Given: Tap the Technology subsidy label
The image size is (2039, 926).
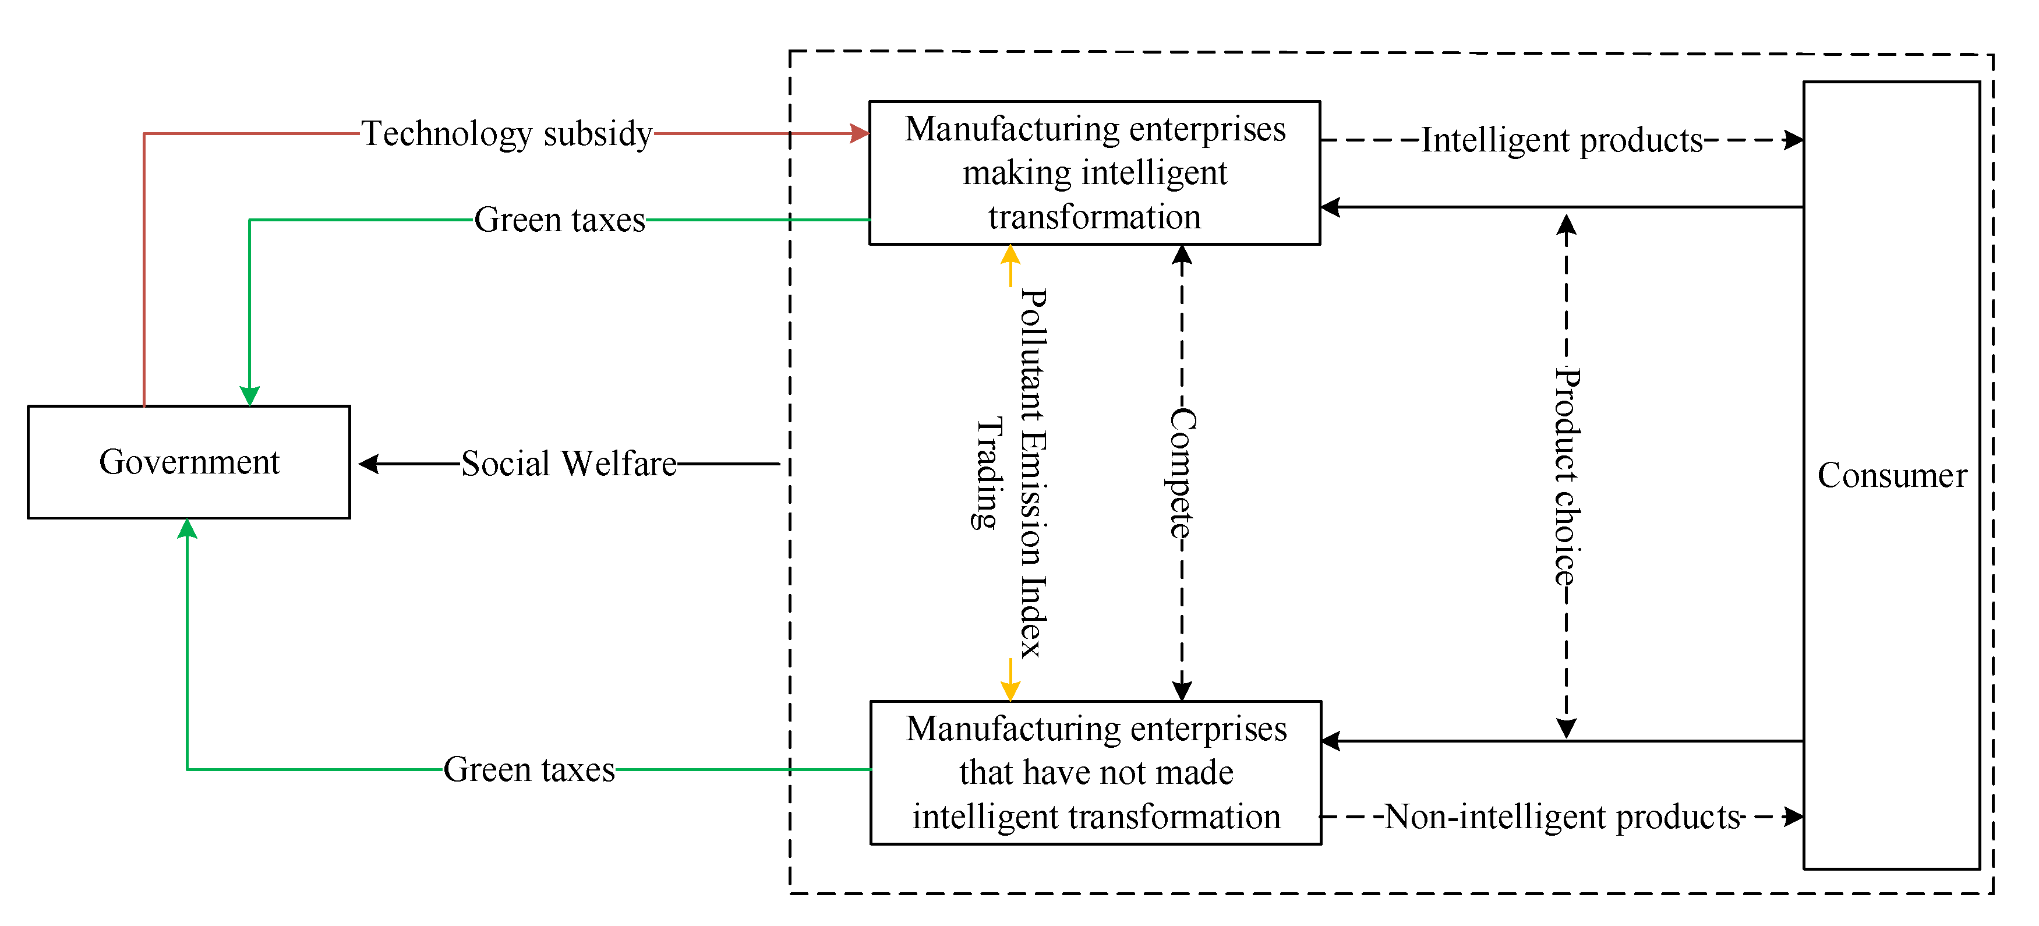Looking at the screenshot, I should [507, 134].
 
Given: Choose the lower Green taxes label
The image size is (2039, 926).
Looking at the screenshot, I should [529, 769].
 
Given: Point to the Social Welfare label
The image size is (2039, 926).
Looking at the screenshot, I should [568, 464].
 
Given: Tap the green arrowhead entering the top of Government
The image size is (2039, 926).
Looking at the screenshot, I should [249, 395].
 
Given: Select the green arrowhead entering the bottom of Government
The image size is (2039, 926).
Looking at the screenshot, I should [187, 529].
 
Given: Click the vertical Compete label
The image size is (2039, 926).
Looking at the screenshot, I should [1182, 473].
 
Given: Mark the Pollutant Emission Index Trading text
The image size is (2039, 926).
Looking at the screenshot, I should [1012, 473].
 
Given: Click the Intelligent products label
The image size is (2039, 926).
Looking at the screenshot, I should [1561, 140].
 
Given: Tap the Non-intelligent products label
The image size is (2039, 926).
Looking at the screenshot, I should [1563, 817].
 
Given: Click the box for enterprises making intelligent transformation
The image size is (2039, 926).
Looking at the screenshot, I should [1095, 172].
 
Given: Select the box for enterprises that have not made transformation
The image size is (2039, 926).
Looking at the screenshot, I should [1096, 772].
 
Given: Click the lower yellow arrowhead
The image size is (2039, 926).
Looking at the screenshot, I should [1010, 691].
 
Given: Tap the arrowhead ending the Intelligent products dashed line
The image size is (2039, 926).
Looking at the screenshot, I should [1794, 140].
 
